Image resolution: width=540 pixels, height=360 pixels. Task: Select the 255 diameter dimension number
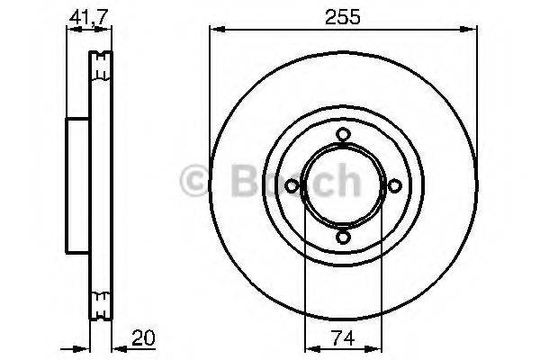tap(343, 15)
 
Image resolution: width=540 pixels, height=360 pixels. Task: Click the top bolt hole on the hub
tap(343, 135)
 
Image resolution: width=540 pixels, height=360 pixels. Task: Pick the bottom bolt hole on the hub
tap(343, 238)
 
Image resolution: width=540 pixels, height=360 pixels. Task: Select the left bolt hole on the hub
tap(292, 186)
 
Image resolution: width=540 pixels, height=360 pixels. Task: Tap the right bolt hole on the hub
tap(394, 186)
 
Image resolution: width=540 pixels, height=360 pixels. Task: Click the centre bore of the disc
tap(343, 186)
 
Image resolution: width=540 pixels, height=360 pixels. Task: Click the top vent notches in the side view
tap(100, 63)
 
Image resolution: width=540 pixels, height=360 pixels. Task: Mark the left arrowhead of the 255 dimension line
tap(214, 30)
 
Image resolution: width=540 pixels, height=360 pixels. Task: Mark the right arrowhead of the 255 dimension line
tap(472, 30)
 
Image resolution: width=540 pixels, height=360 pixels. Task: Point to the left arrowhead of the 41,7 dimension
tap(70, 30)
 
